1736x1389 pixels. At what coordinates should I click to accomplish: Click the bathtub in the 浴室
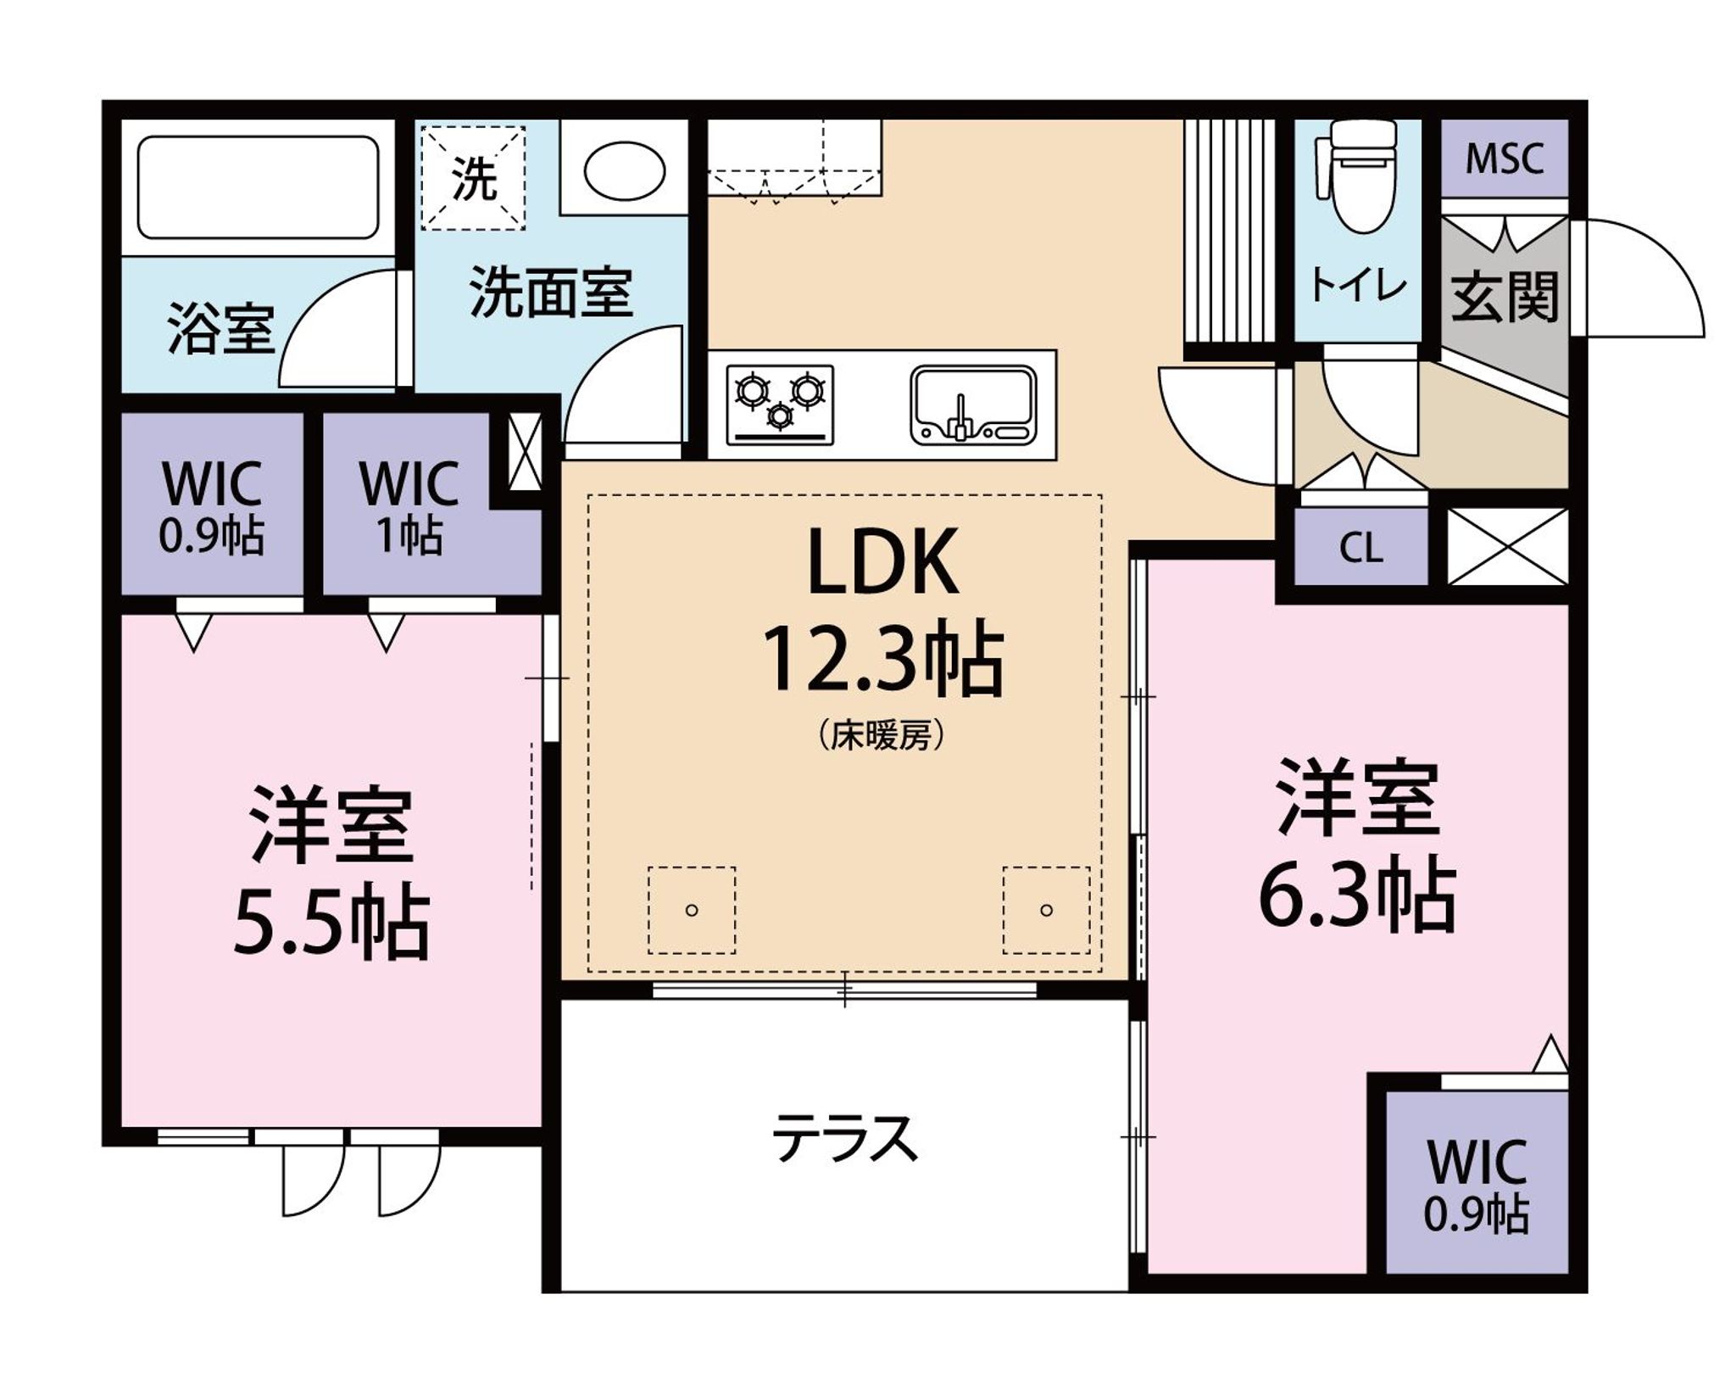pos(258,187)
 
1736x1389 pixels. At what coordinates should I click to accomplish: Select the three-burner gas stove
pos(780,405)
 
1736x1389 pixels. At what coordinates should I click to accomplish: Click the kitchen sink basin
pos(973,405)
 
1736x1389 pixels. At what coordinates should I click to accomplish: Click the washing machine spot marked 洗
pos(474,178)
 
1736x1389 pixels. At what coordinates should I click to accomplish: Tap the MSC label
pos(1505,159)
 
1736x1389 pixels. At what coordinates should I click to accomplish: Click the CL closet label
pos(1361,549)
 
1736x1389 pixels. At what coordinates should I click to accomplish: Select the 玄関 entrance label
pos(1505,297)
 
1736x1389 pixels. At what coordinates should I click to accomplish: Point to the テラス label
pos(845,1139)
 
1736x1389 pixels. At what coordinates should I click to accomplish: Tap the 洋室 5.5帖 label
pos(331,873)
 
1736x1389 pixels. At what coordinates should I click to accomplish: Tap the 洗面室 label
pos(551,292)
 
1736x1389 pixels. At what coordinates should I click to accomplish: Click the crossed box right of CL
pos(1507,547)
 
